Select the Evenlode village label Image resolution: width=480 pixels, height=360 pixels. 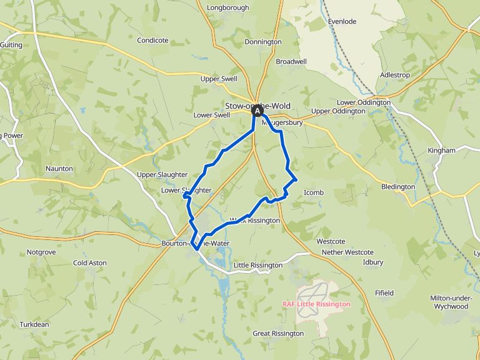point(342,21)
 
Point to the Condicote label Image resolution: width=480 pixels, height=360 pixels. point(152,41)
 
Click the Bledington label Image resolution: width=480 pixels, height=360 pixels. point(398,187)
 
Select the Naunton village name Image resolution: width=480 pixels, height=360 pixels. point(59,169)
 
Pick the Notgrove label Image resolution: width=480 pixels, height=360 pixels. point(41,252)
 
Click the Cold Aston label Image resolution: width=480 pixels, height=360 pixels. point(89,263)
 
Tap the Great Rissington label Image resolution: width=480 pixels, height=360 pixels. point(278,334)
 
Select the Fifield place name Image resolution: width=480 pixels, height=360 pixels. point(384,292)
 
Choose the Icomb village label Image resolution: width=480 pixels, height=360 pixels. point(314,192)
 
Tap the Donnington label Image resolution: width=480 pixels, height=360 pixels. point(263,42)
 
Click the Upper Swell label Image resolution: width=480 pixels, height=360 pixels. point(219,79)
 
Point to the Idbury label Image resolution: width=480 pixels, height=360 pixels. point(373,262)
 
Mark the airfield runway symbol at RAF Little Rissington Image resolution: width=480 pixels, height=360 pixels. point(314,291)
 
